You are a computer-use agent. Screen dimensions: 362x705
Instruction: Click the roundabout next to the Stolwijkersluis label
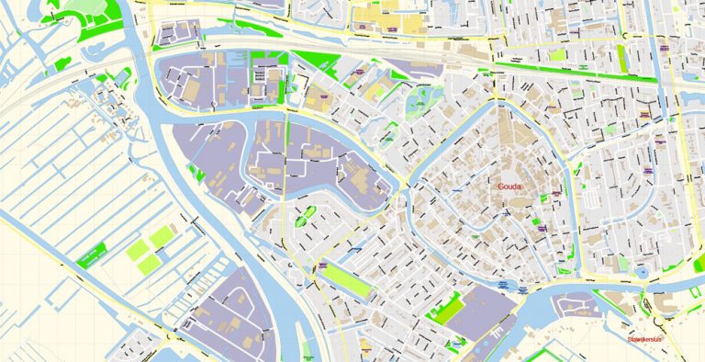tap(653, 310)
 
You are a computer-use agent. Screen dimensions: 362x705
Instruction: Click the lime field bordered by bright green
tap(449, 309)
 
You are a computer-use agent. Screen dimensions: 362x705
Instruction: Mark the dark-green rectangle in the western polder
tap(91, 258)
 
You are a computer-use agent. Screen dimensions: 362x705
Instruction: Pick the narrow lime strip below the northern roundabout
tap(622, 59)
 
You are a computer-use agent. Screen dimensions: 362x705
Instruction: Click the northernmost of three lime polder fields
tap(162, 236)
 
